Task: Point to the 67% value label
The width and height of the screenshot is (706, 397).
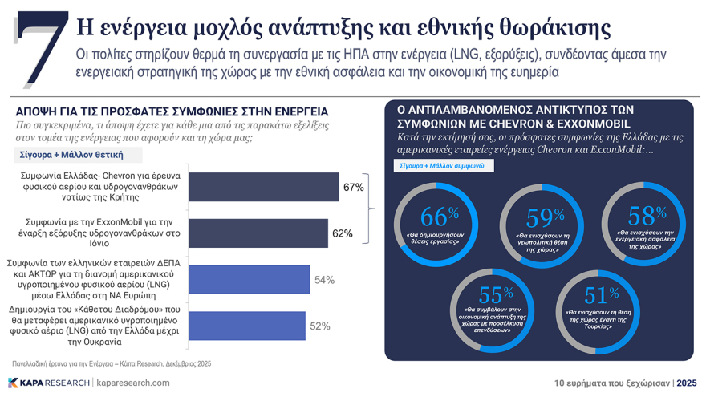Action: click(x=354, y=188)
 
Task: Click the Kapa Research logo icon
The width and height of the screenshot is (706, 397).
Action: click(x=14, y=383)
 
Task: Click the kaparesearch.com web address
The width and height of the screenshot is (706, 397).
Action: click(x=132, y=383)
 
